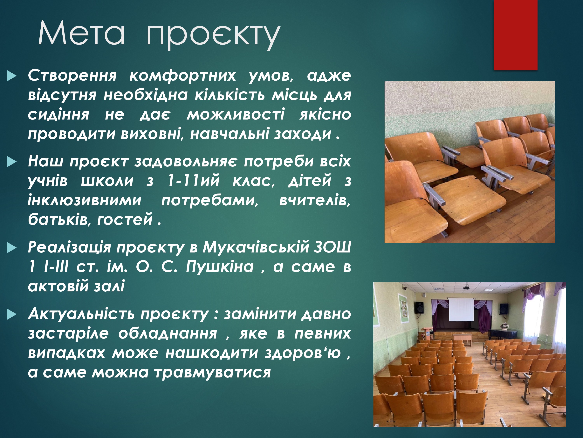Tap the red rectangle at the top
(515, 35)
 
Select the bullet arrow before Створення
(12, 76)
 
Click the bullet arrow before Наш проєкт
(12, 162)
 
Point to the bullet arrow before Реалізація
(12, 248)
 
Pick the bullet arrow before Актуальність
(12, 314)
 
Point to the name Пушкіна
(220, 267)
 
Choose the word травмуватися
(212, 373)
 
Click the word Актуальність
(81, 314)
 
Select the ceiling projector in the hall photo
(466, 288)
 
